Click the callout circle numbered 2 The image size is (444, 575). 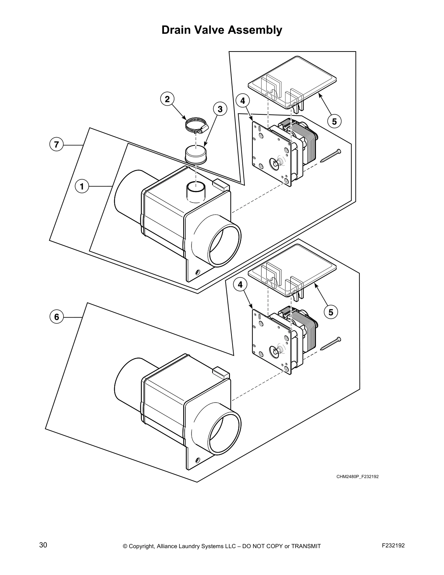click(167, 99)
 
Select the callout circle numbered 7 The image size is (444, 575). click(56, 144)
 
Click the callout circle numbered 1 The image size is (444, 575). click(82, 187)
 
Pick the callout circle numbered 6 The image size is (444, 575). click(56, 317)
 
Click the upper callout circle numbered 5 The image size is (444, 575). click(334, 121)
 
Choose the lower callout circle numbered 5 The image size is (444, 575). click(330, 312)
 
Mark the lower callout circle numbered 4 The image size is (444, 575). click(240, 285)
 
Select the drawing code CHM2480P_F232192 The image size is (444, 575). click(357, 477)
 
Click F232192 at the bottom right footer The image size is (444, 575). click(393, 545)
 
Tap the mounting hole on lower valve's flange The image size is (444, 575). click(198, 460)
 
